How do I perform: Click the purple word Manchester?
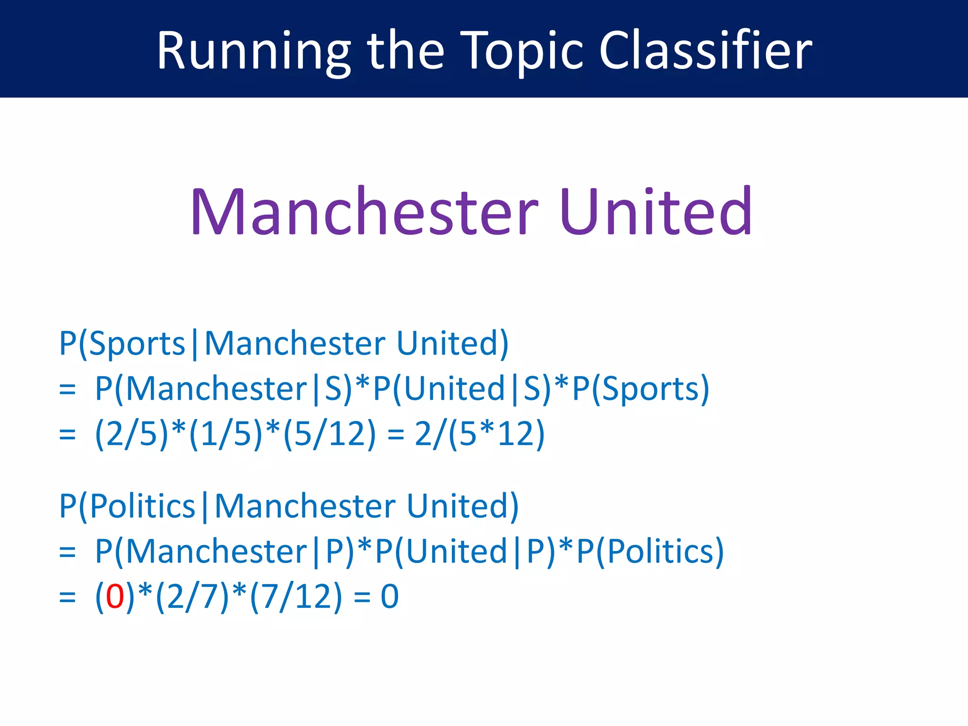(364, 211)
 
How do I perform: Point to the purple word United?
(656, 211)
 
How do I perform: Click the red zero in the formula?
(115, 596)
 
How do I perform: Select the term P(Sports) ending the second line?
(641, 389)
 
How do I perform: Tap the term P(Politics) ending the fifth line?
(650, 551)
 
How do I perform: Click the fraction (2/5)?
(131, 433)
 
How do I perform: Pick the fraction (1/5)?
(225, 433)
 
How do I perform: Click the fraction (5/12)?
(329, 433)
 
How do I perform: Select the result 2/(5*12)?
(480, 433)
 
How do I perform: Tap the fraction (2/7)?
(192, 596)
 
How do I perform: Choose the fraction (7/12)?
(296, 596)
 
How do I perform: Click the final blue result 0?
(390, 596)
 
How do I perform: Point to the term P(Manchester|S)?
(224, 389)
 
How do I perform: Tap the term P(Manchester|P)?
(225, 551)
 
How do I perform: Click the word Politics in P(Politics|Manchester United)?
(142, 506)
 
